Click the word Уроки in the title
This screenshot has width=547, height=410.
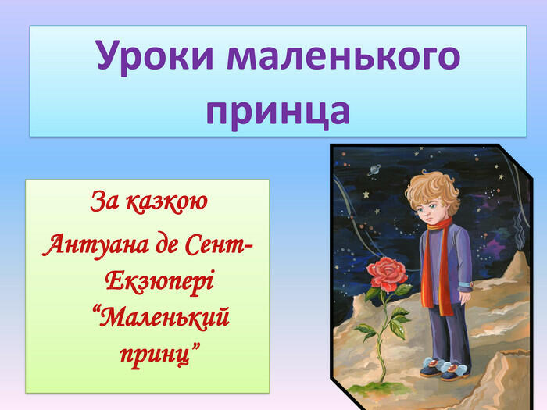click(155, 56)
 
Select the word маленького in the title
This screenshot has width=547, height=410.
click(344, 55)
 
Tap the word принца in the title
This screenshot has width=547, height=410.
click(277, 112)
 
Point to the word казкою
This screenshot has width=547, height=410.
click(166, 202)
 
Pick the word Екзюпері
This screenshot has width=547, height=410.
click(159, 282)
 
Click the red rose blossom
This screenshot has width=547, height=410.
click(387, 273)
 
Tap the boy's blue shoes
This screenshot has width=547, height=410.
click(444, 369)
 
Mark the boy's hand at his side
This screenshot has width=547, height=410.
click(465, 298)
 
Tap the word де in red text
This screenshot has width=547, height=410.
click(166, 245)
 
